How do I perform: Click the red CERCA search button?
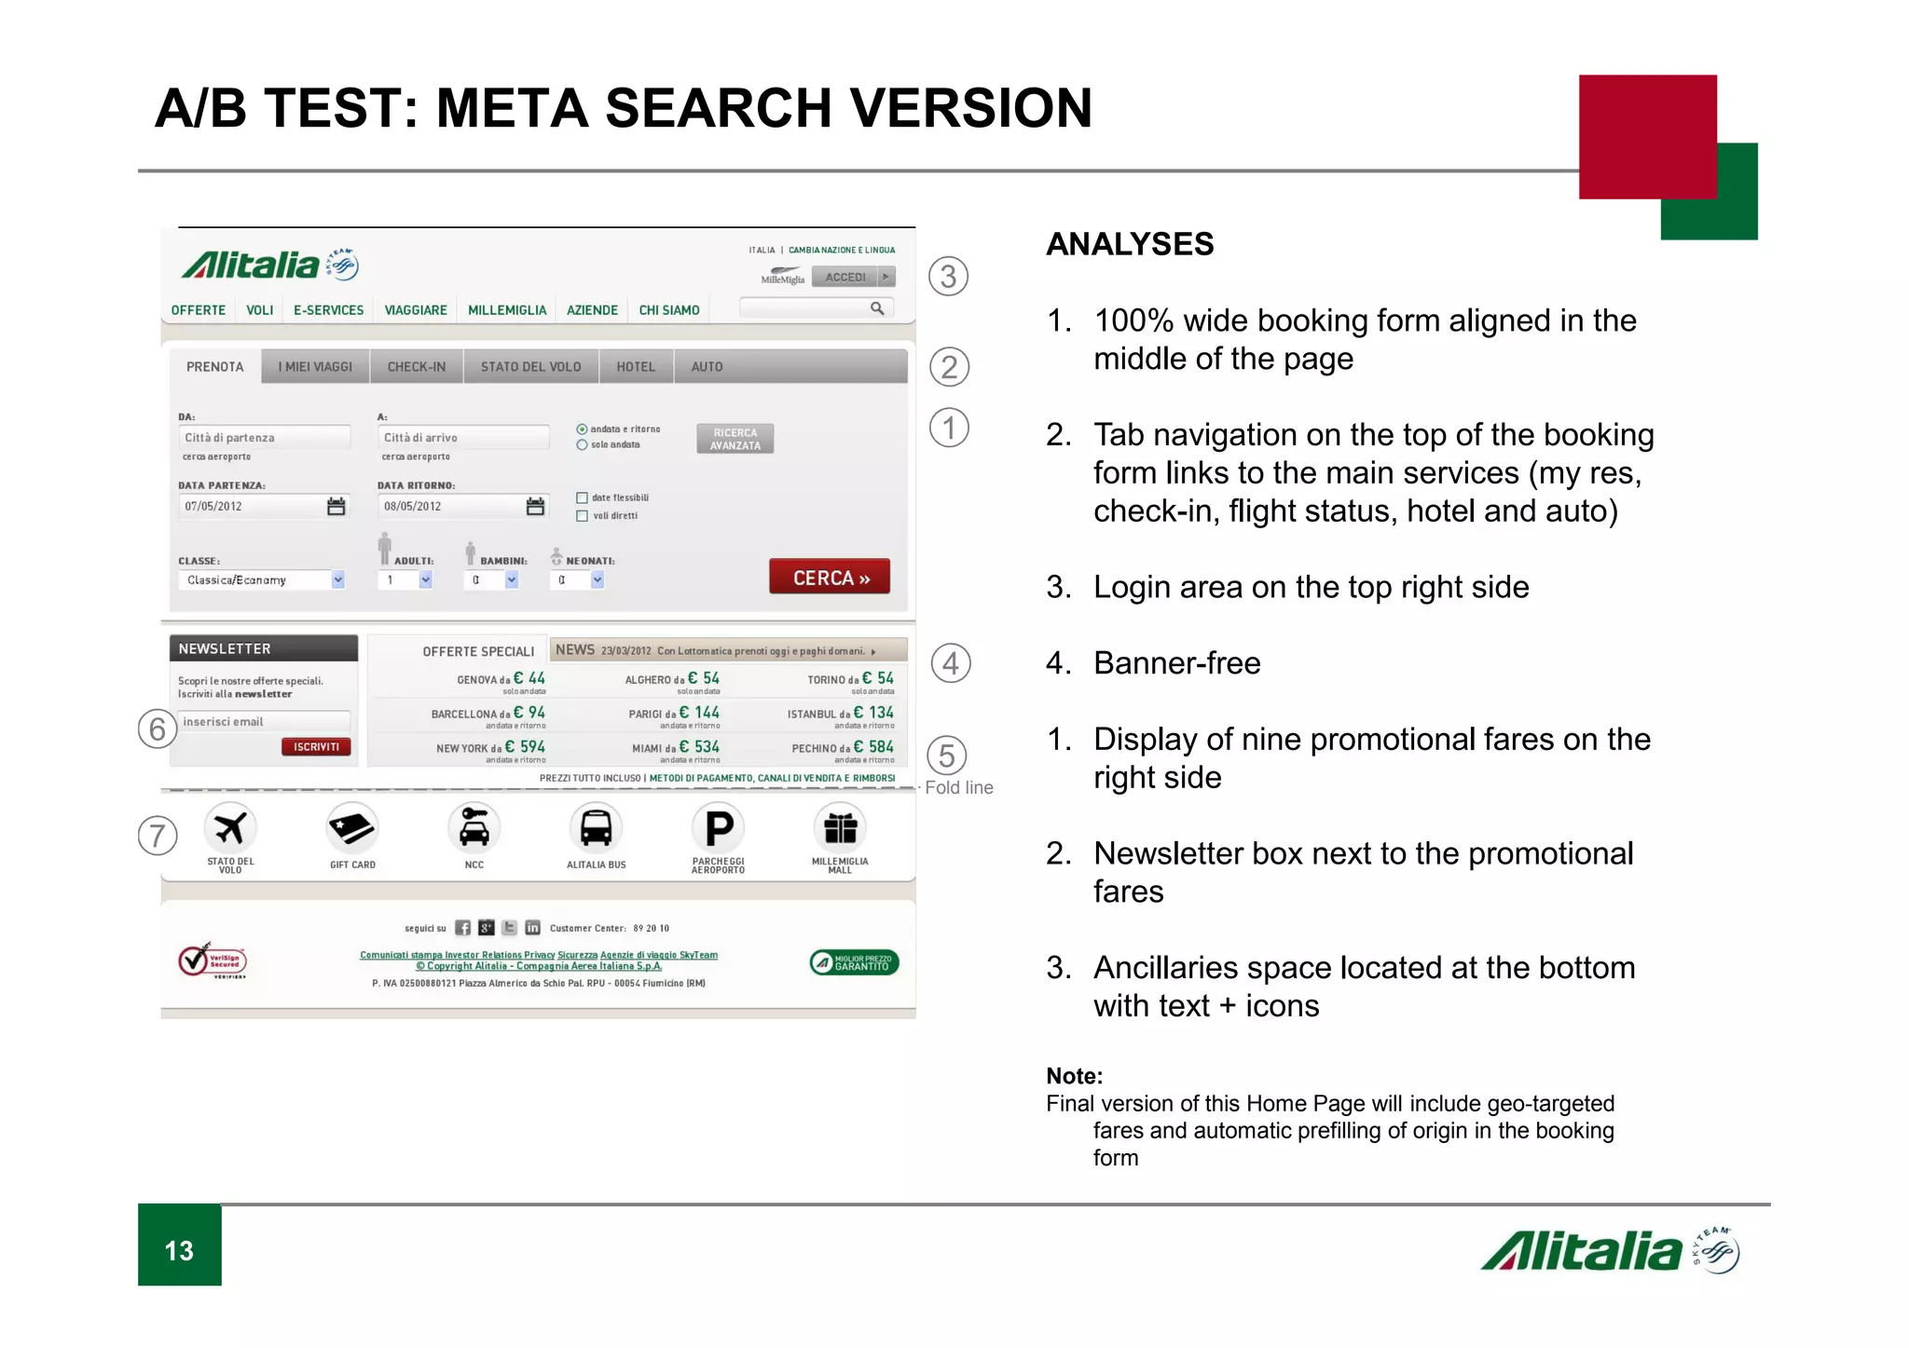click(829, 578)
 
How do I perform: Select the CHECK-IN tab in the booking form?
click(416, 367)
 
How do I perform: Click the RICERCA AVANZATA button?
click(735, 439)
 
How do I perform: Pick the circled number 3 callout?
click(948, 277)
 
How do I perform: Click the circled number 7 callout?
click(158, 836)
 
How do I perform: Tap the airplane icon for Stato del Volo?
click(230, 827)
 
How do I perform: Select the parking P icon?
click(718, 827)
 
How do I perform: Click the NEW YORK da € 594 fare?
click(490, 747)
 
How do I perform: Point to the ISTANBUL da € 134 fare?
click(840, 714)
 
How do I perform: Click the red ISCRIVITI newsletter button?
click(316, 746)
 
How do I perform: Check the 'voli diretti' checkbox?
click(583, 515)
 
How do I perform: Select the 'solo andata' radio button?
click(582, 445)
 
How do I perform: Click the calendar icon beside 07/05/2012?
click(336, 506)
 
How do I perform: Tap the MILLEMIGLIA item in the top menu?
click(507, 310)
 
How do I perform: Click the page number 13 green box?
click(180, 1248)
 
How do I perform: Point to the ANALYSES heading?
click(1130, 244)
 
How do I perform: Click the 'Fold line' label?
click(958, 787)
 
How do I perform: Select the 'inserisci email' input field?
click(264, 722)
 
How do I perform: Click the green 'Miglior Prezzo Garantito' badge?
click(854, 962)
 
